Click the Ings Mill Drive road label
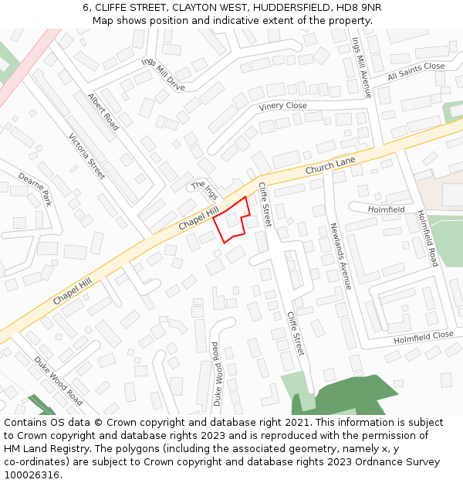tap(163, 74)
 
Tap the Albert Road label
tap(103, 112)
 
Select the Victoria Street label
tap(86, 157)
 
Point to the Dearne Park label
tap(35, 189)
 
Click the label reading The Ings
tap(205, 189)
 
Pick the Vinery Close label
tap(282, 106)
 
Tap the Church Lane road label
tap(330, 165)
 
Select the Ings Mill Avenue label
tap(361, 67)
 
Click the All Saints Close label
tap(416, 71)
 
